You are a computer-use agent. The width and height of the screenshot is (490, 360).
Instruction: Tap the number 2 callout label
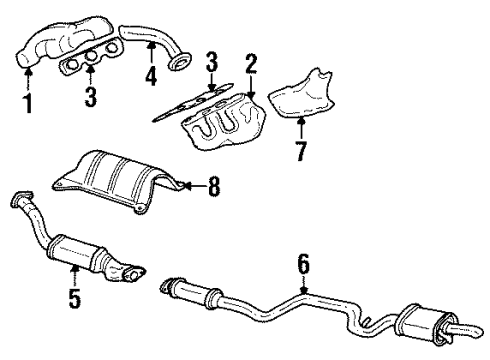pyautogui.click(x=251, y=66)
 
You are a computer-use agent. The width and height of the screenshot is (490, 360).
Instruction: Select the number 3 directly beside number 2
pyautogui.click(x=211, y=66)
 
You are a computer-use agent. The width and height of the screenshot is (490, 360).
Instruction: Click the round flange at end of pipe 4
pyautogui.click(x=180, y=64)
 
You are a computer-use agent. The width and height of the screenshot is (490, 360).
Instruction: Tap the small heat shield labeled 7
pyautogui.click(x=305, y=94)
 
